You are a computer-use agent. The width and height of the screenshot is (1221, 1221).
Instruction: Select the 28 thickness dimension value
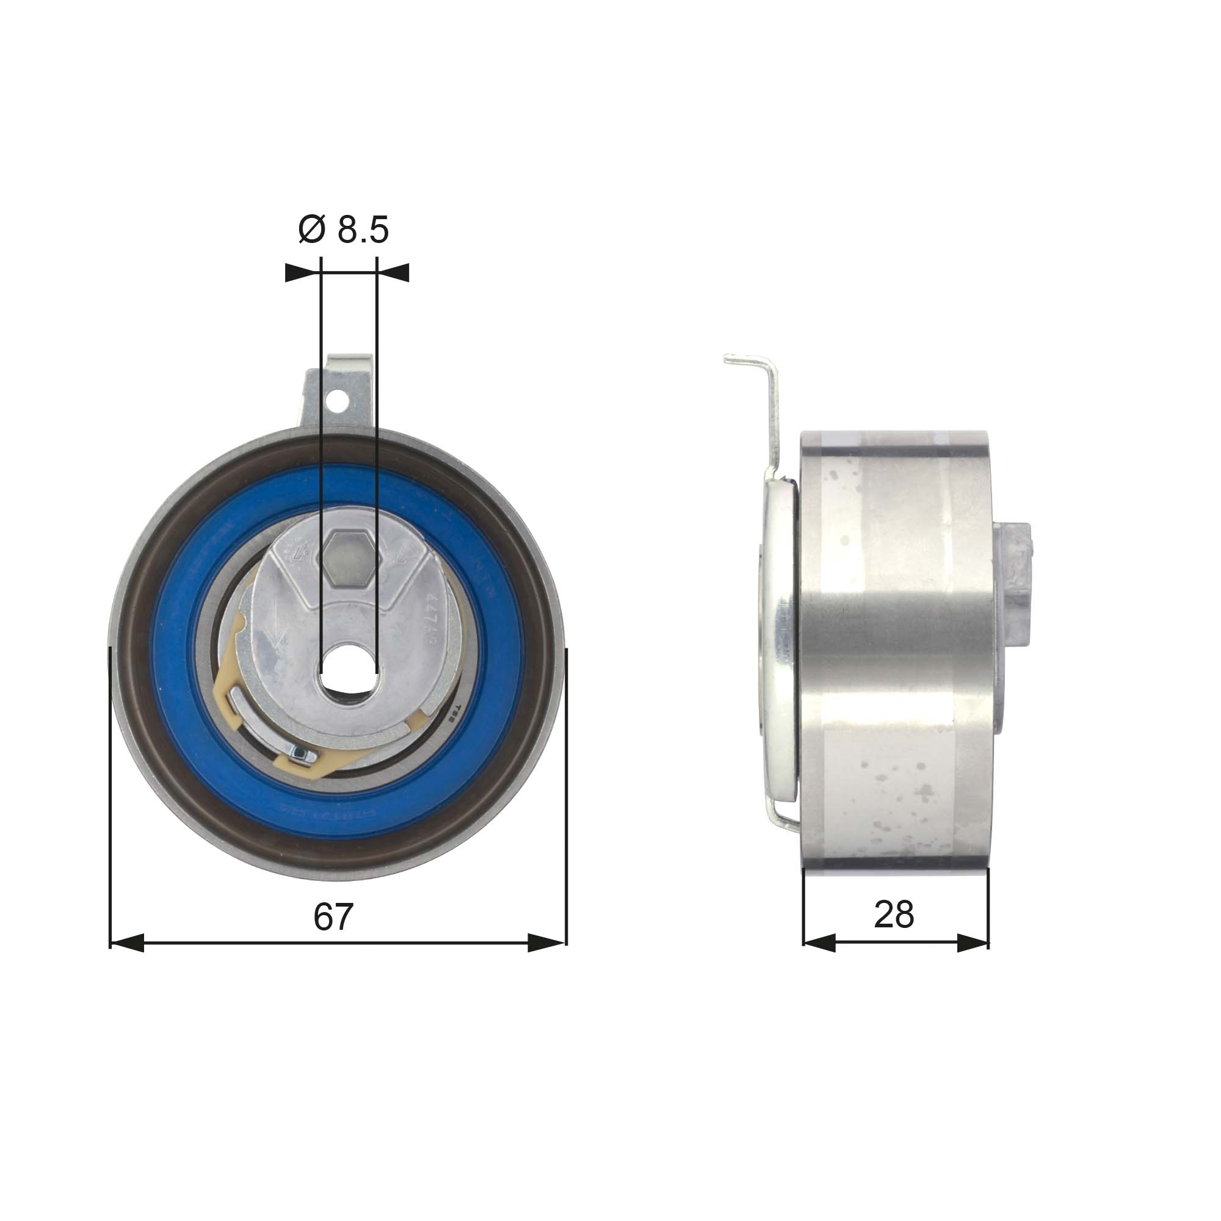pos(894,914)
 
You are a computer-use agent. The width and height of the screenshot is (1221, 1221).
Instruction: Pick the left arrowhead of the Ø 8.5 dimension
pos(301,272)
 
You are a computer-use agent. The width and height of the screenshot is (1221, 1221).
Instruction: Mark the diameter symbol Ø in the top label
pos(311,230)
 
